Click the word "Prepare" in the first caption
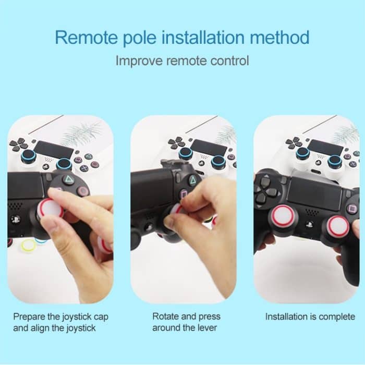[32, 317]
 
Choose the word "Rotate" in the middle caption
[166, 317]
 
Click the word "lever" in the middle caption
[206, 328]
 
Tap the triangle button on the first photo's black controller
[69, 180]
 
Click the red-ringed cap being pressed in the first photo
[50, 211]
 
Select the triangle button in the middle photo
[193, 180]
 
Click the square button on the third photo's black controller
[352, 209]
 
